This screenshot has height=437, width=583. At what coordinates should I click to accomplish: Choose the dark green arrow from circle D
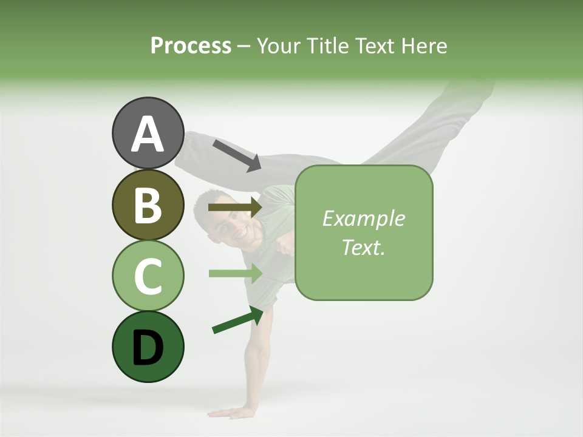(237, 320)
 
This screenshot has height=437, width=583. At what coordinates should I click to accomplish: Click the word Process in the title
(191, 46)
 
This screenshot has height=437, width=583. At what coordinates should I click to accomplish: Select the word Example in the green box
(363, 218)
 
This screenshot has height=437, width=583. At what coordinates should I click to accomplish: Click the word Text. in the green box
(363, 247)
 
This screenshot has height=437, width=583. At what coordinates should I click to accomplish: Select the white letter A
(148, 134)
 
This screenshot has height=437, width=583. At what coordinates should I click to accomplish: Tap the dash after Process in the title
(244, 47)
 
